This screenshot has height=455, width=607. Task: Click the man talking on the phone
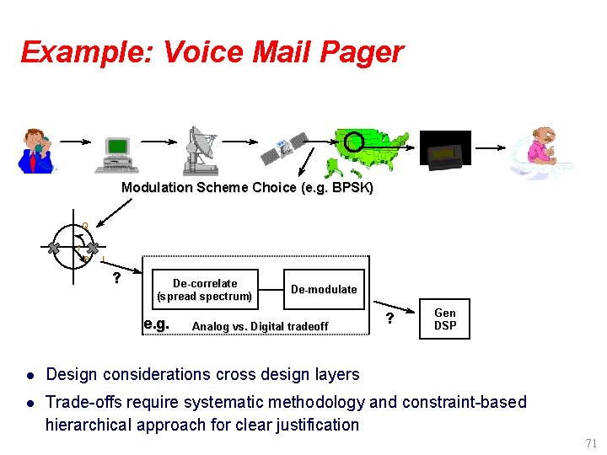coord(35,150)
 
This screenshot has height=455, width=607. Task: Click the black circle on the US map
coord(355,142)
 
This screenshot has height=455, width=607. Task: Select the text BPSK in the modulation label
coord(351,187)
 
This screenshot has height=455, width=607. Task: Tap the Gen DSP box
coord(444,319)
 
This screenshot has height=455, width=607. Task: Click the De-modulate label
coord(324,289)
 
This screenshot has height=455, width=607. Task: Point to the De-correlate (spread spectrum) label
coord(204,290)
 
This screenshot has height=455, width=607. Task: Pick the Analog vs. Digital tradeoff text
coord(261,327)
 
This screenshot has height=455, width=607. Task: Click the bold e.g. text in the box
coord(156,324)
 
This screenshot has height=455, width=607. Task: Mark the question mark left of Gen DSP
coord(389,318)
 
